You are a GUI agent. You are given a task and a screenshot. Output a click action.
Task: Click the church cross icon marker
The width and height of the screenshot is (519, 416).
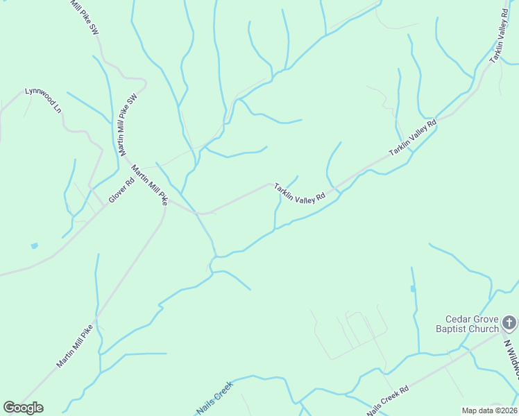[509, 322]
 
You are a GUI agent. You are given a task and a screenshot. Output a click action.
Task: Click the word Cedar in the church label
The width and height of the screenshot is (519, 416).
[449, 320]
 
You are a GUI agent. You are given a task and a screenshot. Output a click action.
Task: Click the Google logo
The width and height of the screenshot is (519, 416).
[24, 408]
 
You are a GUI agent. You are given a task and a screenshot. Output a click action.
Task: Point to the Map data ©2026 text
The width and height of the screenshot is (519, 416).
[489, 410]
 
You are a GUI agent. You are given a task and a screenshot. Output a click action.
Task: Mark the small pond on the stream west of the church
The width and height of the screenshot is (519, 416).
[413, 288]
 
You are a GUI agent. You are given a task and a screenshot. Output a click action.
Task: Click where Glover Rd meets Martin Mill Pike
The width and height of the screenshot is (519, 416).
[108, 204]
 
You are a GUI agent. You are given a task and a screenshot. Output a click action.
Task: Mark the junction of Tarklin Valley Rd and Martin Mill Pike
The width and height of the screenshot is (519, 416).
[200, 213]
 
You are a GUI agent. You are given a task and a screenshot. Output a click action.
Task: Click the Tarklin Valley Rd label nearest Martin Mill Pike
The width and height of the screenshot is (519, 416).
[299, 193]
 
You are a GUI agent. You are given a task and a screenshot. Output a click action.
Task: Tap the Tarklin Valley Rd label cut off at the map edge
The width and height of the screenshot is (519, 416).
[500, 37]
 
